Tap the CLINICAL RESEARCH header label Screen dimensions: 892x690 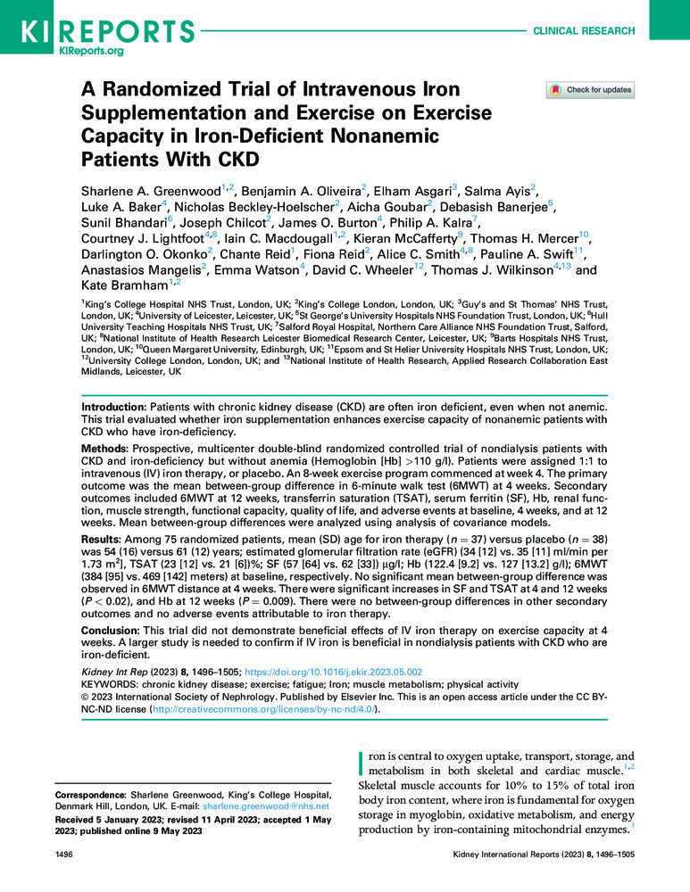(x=584, y=31)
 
